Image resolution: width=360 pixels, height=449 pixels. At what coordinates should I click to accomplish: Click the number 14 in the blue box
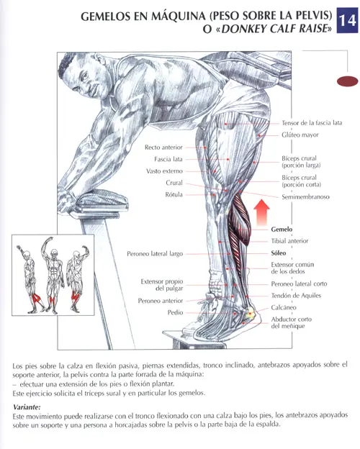click(347, 21)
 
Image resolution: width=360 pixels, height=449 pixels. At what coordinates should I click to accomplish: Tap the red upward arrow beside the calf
click(261, 212)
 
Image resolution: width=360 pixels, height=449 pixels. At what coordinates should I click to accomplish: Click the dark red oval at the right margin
click(347, 81)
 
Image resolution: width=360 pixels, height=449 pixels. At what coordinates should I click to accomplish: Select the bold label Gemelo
click(282, 230)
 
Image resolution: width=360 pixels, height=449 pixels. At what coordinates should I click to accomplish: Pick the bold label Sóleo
click(279, 253)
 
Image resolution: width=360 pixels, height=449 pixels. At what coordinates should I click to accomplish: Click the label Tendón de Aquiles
click(296, 296)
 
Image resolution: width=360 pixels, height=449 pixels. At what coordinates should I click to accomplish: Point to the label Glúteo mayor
click(300, 135)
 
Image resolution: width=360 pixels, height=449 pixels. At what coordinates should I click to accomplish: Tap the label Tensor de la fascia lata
click(312, 123)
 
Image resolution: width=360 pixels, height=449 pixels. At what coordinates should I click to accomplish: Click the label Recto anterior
click(163, 148)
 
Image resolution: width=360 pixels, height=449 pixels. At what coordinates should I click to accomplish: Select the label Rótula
click(174, 195)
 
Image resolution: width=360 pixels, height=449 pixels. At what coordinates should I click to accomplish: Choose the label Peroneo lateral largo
click(155, 254)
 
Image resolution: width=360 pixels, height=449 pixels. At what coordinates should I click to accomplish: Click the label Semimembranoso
click(305, 197)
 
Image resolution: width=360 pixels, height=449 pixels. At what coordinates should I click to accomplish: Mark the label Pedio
click(175, 312)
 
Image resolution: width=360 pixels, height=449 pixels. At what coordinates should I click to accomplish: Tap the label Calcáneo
click(284, 307)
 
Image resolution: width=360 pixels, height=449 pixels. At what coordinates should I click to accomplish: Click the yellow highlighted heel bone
click(249, 313)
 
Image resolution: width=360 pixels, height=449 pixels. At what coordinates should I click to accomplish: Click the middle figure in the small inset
click(53, 275)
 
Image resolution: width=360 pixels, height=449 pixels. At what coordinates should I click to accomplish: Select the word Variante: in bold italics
click(27, 407)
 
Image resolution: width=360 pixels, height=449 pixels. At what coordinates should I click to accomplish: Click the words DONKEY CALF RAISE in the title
click(274, 29)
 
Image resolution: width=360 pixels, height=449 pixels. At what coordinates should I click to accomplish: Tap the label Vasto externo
click(164, 171)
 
